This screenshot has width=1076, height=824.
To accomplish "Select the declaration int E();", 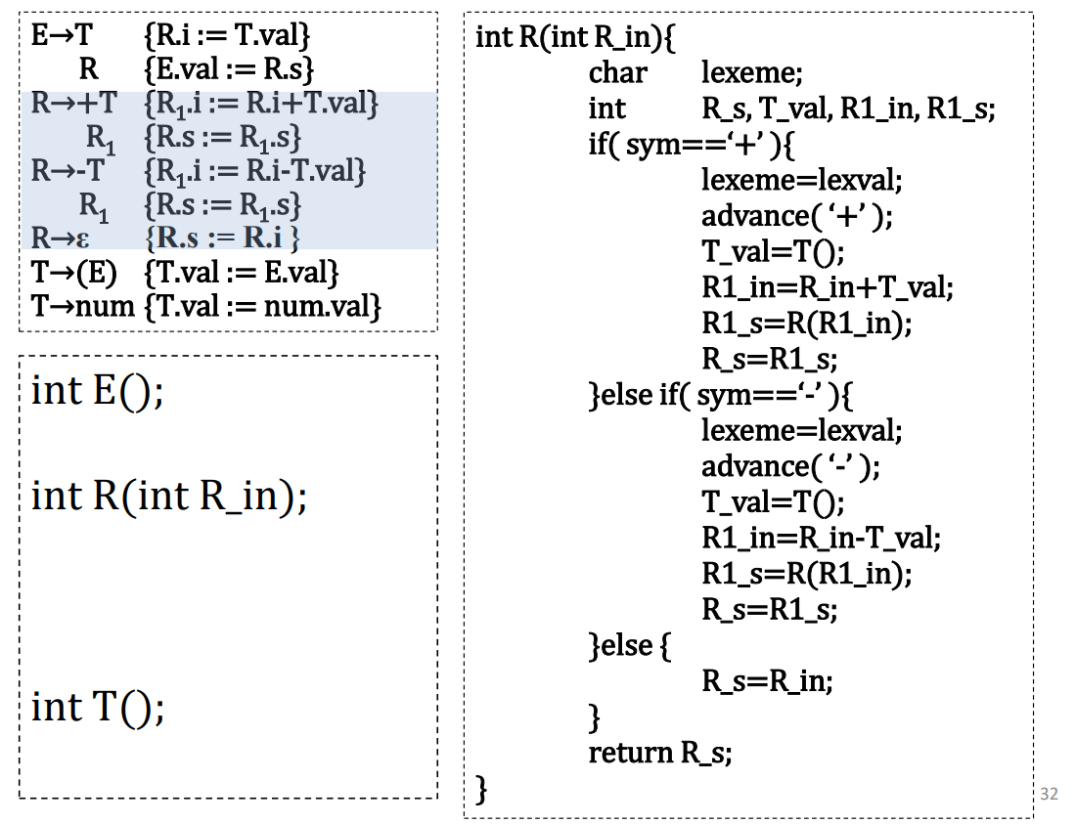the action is point(97,391).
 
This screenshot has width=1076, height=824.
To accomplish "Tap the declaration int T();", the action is point(97,706).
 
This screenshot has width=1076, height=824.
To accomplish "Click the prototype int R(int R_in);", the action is point(169,497).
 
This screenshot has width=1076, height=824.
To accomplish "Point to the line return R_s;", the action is point(660,753).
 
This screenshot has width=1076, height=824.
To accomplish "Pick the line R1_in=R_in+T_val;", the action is point(828,287).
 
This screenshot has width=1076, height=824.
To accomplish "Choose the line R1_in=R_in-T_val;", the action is point(822,538).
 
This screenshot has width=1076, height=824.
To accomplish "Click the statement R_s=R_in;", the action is point(768,680).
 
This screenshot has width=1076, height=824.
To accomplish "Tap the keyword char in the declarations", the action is point(617,73).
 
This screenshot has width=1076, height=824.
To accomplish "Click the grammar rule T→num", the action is point(82,306).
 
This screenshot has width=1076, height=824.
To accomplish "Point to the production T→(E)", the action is point(74,273).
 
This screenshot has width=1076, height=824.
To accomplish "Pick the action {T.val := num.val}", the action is point(260,306).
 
